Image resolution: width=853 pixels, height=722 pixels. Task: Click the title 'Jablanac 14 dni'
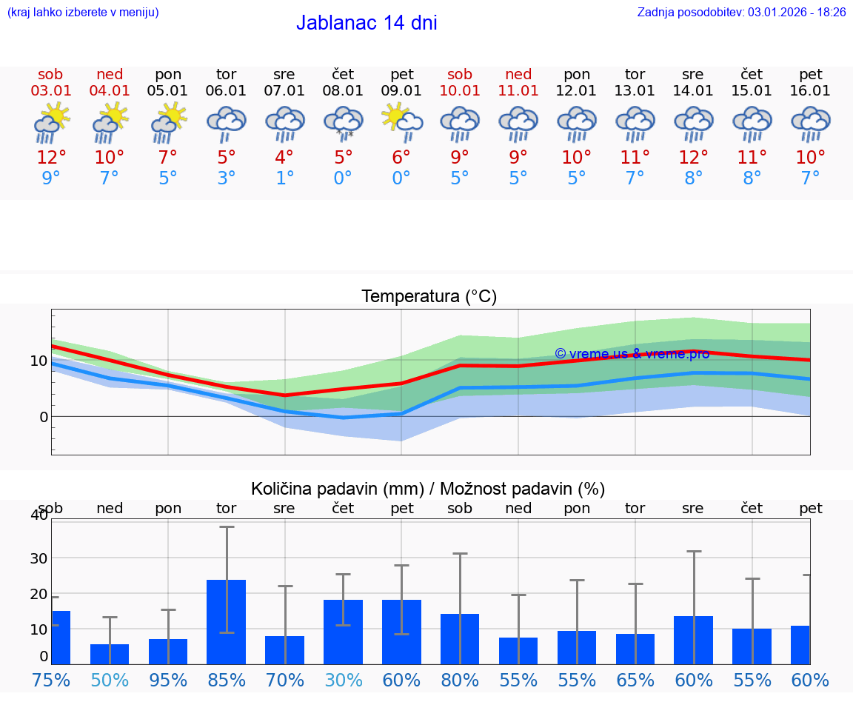(367, 23)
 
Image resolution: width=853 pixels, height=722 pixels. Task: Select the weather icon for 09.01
(401, 122)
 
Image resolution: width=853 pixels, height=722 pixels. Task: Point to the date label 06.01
(226, 90)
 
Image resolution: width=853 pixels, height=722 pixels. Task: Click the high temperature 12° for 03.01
(51, 157)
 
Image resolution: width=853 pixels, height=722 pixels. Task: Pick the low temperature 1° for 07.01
(284, 178)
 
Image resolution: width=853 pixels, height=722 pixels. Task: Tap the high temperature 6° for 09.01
(401, 157)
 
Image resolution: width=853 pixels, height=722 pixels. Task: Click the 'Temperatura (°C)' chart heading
(429, 296)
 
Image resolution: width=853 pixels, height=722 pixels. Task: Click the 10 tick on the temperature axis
(39, 361)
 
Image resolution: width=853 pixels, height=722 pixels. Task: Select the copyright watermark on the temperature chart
(632, 354)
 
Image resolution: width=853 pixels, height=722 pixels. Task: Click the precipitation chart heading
(428, 489)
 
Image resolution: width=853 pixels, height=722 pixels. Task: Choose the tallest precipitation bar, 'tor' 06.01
(226, 621)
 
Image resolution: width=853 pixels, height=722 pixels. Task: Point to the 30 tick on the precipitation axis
(39, 558)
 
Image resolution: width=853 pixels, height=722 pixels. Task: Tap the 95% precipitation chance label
(168, 680)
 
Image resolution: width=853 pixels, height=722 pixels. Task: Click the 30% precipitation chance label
(343, 680)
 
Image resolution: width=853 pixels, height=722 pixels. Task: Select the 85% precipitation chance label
(226, 680)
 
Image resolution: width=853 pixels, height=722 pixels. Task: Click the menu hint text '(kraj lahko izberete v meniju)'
(83, 12)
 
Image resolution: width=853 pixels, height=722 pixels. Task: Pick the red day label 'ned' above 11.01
(518, 74)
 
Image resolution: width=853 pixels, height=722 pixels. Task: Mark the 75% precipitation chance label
(51, 680)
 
